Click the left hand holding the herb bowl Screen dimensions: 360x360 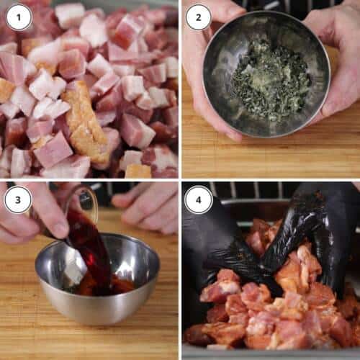[202, 72]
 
